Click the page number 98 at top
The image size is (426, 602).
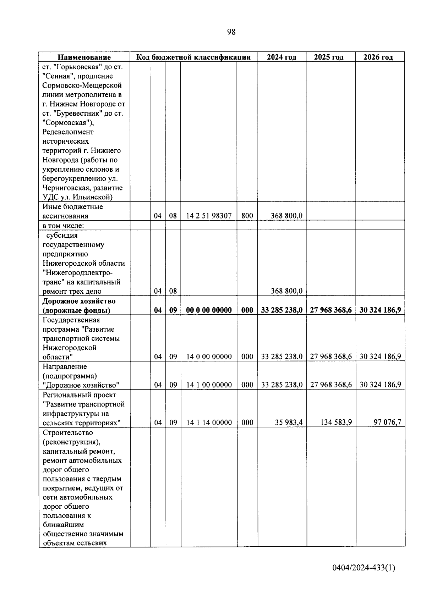coord(231,32)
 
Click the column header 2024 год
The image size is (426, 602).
coord(282,57)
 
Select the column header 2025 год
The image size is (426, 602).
coord(329,57)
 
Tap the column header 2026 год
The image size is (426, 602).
coord(378,57)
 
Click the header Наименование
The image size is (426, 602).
coord(84,57)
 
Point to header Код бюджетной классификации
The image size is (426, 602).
coord(193,57)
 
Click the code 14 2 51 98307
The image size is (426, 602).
coord(209,216)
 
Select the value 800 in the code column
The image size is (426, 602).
coord(247,216)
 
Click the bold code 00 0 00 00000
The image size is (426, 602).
coord(209,310)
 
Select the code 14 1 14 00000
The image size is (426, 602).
coord(209,422)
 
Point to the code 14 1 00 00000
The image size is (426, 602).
coord(209,385)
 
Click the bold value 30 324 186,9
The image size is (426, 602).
coord(380,310)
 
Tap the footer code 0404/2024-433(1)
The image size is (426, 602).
coord(364,568)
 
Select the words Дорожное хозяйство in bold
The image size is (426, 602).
coord(79,301)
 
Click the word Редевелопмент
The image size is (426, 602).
coord(68,132)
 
